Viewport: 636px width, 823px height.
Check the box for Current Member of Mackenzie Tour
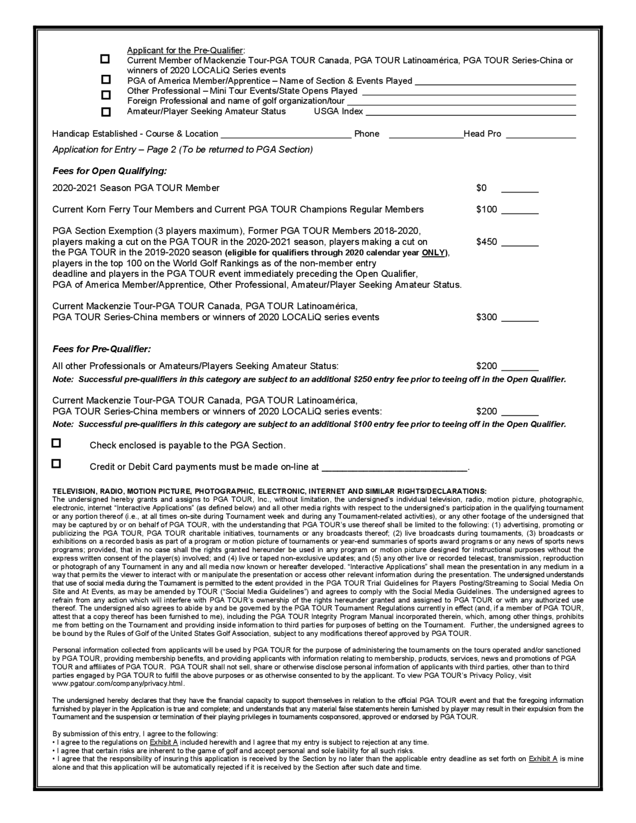pos(105,59)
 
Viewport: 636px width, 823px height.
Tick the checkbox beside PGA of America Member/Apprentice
pos(106,80)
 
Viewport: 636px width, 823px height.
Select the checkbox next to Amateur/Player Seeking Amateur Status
pos(106,112)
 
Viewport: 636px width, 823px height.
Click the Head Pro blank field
pos(541,135)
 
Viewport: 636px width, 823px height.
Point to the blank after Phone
pos(426,135)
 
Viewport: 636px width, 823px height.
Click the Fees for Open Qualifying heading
pos(109,171)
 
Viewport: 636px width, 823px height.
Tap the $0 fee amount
pos(481,188)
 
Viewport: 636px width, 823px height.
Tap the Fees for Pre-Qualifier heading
pos(101,349)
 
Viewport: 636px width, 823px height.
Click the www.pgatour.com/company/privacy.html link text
pos(118,684)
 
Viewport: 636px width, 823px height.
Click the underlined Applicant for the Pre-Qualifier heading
pos(185,51)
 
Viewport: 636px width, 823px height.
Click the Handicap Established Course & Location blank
pos(286,135)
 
